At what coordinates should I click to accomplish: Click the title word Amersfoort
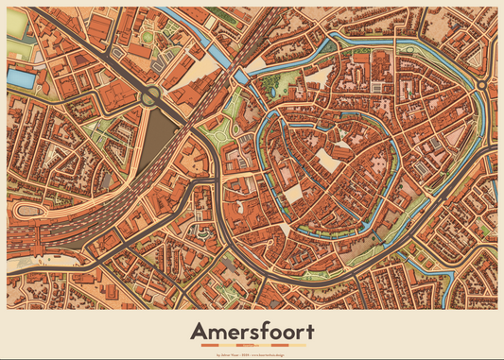coord(252,332)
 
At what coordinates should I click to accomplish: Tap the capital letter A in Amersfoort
coord(198,332)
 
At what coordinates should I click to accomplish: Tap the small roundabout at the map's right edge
coord(481,86)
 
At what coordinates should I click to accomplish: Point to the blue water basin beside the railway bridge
coord(242,75)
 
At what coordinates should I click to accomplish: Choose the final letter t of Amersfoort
coord(309,332)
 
